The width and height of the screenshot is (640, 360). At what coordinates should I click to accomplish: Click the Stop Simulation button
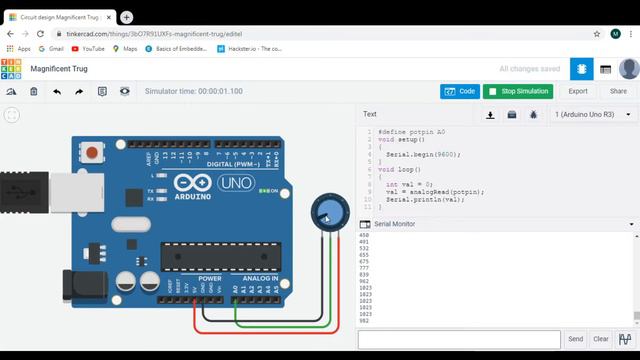[x=518, y=91]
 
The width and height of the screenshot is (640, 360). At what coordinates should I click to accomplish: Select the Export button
[x=578, y=91]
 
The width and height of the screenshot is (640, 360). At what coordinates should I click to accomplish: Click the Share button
[x=618, y=91]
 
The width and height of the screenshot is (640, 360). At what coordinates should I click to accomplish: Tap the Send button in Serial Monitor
[x=575, y=340]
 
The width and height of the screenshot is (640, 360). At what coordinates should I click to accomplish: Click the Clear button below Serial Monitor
[x=601, y=340]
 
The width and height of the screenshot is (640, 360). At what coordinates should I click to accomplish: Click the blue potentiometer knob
[x=326, y=210]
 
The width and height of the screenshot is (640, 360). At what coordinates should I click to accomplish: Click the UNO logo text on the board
[x=235, y=184]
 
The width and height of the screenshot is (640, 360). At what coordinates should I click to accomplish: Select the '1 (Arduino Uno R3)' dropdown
[x=592, y=115]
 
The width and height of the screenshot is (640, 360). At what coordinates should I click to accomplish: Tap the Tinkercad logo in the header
[x=12, y=69]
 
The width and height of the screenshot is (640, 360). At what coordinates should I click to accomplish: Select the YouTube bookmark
[x=87, y=48]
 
